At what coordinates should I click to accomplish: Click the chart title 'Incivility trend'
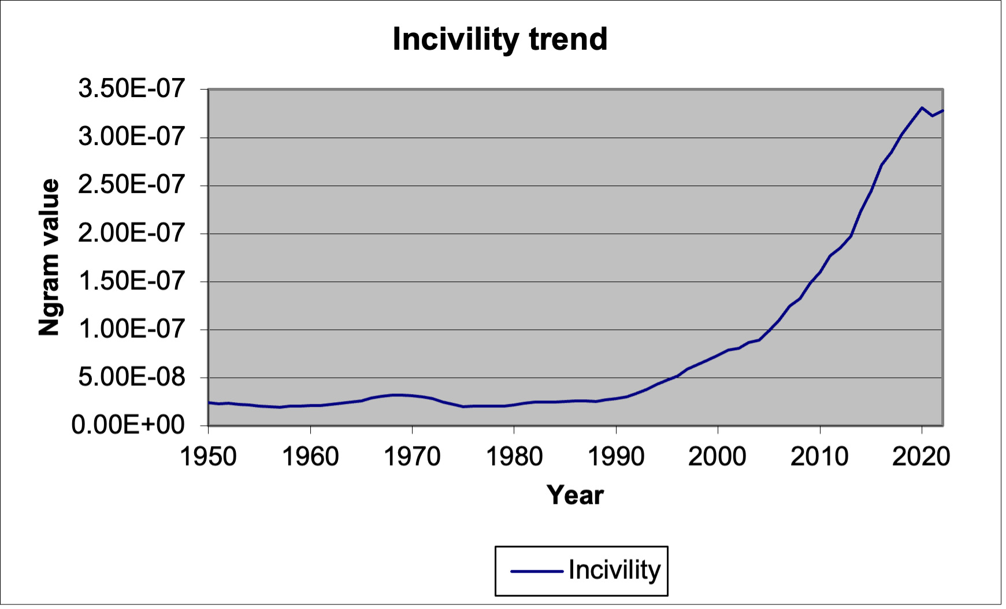[500, 39]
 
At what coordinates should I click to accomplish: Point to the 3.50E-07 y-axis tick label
[132, 89]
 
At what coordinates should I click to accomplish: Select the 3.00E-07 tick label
[132, 138]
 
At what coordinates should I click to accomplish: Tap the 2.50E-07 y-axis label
[132, 185]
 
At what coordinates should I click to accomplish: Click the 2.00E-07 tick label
[132, 233]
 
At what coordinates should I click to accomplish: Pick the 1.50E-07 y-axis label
[132, 281]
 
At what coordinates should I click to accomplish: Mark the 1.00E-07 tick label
[132, 329]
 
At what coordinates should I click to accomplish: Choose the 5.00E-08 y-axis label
[132, 377]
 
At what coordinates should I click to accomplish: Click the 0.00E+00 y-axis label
[128, 425]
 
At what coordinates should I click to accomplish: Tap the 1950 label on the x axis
[209, 456]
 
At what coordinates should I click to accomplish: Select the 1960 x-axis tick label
[310, 456]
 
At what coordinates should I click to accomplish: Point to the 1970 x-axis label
[412, 456]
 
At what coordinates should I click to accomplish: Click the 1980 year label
[514, 456]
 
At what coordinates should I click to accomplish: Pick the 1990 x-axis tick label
[616, 456]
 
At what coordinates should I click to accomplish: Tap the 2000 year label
[718, 456]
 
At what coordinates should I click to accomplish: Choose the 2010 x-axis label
[819, 456]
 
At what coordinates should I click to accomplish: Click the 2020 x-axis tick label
[921, 456]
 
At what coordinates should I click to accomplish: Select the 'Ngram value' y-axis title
[49, 257]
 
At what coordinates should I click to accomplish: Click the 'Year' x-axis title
[575, 495]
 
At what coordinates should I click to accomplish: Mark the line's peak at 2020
[922, 107]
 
